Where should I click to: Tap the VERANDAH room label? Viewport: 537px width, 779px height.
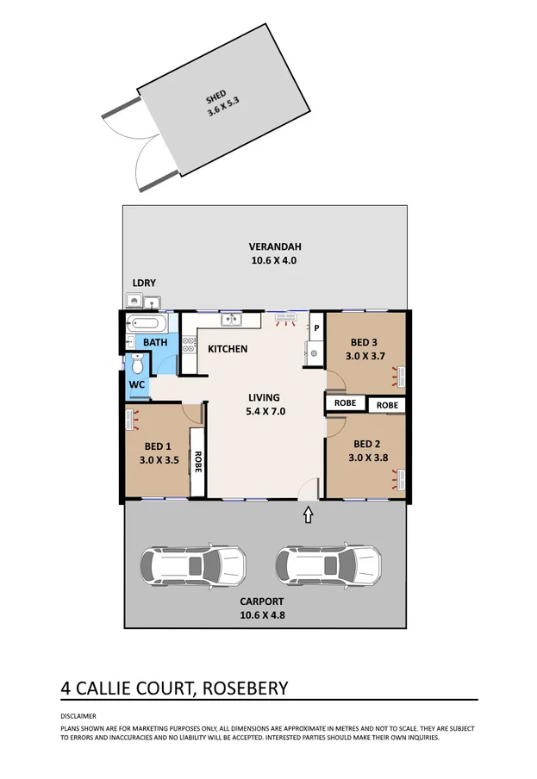point(264,246)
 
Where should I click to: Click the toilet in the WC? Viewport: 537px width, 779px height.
point(136,365)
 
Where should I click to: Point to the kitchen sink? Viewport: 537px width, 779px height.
point(230,321)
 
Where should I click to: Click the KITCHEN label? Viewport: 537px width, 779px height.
point(228,349)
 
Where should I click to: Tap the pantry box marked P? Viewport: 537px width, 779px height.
point(316,328)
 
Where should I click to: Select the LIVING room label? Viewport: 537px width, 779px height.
point(264,397)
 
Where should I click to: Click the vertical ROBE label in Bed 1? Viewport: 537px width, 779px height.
point(197,463)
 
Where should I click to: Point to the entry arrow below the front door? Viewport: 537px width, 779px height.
point(309,515)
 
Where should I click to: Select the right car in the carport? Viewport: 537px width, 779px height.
point(328,565)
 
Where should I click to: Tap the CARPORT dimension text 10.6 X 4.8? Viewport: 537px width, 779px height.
point(263,614)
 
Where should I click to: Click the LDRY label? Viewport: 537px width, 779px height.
point(143,283)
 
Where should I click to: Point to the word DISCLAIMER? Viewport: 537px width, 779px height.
point(78,716)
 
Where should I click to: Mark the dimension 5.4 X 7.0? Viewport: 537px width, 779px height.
point(264,411)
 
